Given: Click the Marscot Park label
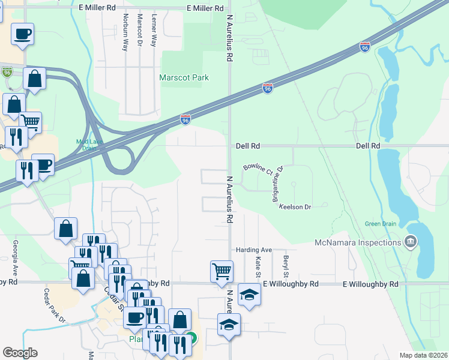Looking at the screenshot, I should click(x=184, y=77).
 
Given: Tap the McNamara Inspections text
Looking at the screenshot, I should click(x=357, y=242).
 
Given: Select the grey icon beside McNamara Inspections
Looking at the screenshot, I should click(x=411, y=242).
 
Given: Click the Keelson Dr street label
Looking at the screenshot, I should click(x=295, y=207).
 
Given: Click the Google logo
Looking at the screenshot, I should click(x=20, y=352).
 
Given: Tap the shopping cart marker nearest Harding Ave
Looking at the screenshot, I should click(x=221, y=271).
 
